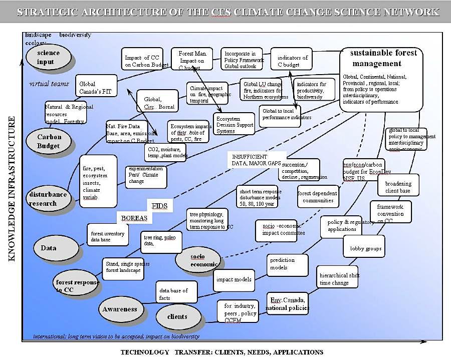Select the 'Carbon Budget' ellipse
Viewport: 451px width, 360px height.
(x=49, y=141)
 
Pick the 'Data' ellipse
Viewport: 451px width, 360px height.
(x=49, y=247)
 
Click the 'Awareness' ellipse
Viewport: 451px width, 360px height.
(x=120, y=309)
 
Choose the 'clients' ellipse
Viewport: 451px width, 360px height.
(x=177, y=316)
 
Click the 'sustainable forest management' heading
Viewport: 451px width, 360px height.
(x=383, y=58)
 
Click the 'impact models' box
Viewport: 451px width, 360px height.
(x=234, y=279)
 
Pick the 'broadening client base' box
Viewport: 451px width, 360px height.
(x=398, y=187)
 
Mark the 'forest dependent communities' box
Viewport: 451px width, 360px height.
(x=317, y=197)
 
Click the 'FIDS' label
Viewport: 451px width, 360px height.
(x=159, y=206)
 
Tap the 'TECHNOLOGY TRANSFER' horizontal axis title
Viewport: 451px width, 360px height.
(x=221, y=352)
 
